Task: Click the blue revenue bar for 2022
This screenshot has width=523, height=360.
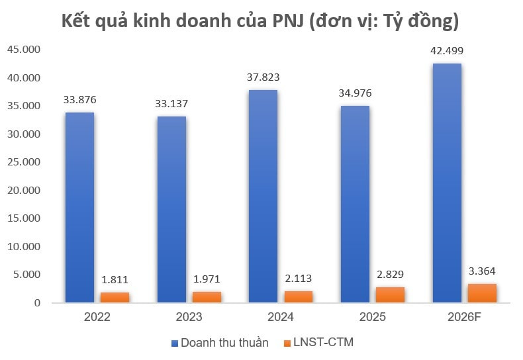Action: coord(79,207)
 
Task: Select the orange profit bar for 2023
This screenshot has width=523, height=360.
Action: coord(207,297)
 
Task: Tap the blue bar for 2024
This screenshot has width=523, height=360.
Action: coord(263,197)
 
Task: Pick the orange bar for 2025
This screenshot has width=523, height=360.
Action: coord(390,294)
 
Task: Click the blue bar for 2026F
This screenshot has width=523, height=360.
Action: coord(447,183)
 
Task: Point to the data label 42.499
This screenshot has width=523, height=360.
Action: coord(447,51)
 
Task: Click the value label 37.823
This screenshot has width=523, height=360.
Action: coord(263,77)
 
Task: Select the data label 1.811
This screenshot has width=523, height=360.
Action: coord(115,280)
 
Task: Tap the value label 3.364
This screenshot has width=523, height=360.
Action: coord(482,271)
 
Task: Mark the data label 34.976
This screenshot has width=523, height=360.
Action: coord(356,93)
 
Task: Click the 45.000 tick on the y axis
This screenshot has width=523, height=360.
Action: coord(24,50)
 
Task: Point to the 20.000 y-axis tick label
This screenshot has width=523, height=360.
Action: coord(24,191)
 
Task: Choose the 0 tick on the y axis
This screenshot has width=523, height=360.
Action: coord(37,303)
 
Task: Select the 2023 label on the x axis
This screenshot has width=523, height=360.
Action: coord(189,317)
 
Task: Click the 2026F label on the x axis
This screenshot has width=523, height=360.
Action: coord(464,317)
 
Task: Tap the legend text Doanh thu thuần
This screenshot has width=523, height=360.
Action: coord(224,343)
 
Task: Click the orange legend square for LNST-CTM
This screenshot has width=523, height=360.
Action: coord(287,343)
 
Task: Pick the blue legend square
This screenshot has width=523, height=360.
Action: coord(175,343)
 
